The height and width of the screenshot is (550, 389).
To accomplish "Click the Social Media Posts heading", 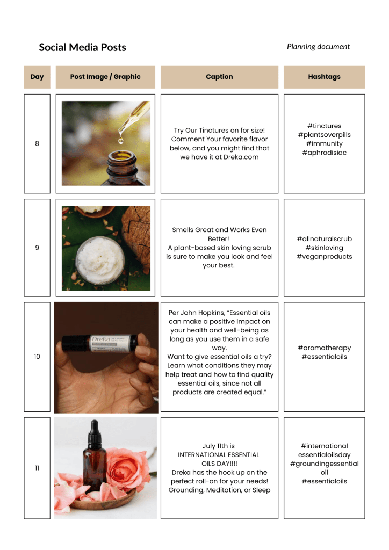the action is click(82, 47).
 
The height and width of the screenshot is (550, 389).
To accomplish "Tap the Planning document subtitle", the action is click(318, 47).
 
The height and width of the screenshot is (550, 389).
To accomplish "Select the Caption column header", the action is click(219, 76).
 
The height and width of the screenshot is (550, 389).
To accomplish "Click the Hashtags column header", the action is click(324, 76).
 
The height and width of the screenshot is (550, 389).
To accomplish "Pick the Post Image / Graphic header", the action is click(105, 76).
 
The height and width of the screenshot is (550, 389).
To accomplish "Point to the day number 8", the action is click(37, 143).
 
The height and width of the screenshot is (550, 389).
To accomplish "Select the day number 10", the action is click(37, 357).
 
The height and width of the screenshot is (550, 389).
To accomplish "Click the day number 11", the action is click(37, 468).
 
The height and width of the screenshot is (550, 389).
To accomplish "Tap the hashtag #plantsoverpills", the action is click(324, 135).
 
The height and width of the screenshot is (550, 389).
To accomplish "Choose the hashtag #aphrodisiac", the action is click(324, 152).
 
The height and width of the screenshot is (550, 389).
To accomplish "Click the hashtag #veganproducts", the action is click(324, 256).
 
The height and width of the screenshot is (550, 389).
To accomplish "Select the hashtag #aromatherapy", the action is click(324, 348).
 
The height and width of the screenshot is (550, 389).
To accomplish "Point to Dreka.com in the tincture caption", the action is click(241, 157).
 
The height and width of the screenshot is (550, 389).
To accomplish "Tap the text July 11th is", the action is click(219, 446).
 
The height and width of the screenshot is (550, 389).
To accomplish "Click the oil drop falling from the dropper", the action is click(121, 141).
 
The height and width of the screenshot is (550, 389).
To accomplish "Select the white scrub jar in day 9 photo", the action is click(100, 259).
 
